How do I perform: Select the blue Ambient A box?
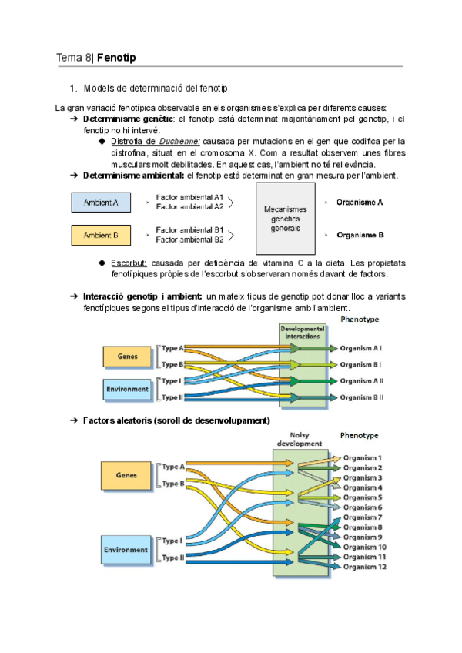click(x=100, y=203)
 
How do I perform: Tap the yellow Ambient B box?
click(x=100, y=234)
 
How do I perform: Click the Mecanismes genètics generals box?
click(x=285, y=219)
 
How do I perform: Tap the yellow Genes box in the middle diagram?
click(x=128, y=357)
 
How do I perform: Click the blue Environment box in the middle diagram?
click(x=128, y=389)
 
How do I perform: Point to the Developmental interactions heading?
click(x=303, y=332)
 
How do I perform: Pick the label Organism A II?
click(x=362, y=381)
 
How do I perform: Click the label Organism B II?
click(x=362, y=397)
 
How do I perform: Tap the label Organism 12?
click(x=364, y=567)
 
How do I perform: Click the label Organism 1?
click(x=362, y=457)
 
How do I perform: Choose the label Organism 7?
click(x=362, y=517)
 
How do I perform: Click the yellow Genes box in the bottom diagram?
click(x=127, y=476)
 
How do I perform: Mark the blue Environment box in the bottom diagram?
click(x=127, y=549)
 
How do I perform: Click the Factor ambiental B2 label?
click(x=189, y=239)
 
